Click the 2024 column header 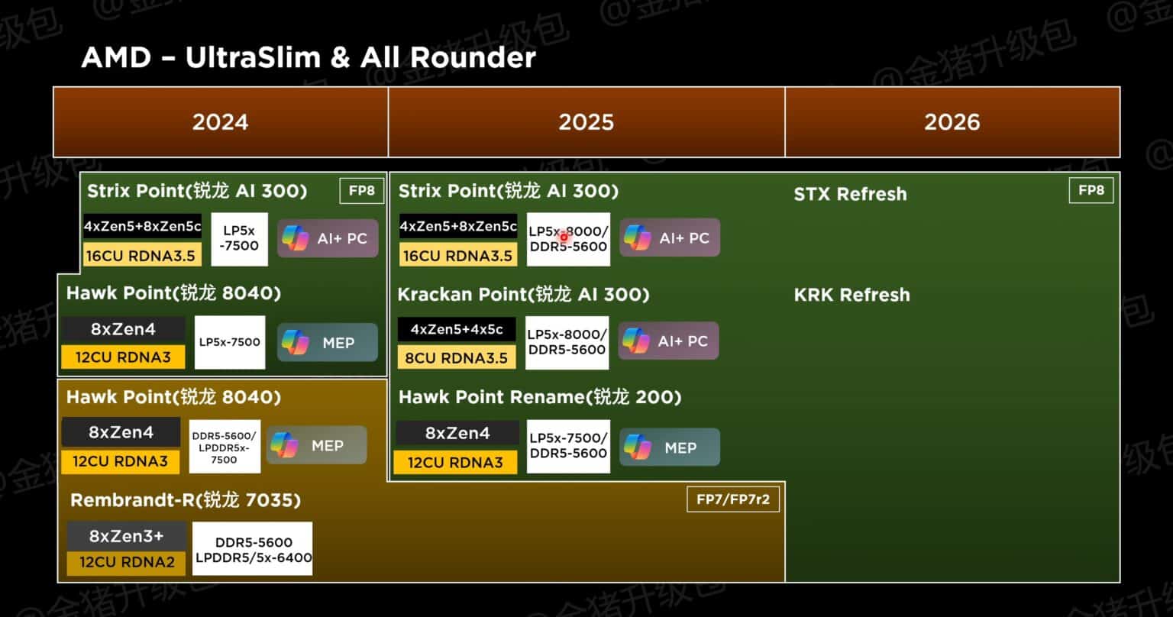click(x=220, y=122)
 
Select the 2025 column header click(x=586, y=122)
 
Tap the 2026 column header click(x=952, y=122)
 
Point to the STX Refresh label click(x=850, y=194)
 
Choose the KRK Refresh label click(x=851, y=295)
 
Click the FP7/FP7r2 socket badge click(x=732, y=500)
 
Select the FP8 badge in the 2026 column click(x=1091, y=191)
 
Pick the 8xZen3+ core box click(x=126, y=535)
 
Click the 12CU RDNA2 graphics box click(x=126, y=564)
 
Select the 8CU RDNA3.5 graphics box click(x=456, y=357)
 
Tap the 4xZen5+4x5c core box click(x=456, y=330)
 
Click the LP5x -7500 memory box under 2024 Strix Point click(x=240, y=238)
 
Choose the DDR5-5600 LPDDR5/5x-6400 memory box click(x=253, y=549)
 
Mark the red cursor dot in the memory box click(x=564, y=237)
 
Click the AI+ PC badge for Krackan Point click(x=668, y=341)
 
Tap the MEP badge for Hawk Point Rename click(x=669, y=447)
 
